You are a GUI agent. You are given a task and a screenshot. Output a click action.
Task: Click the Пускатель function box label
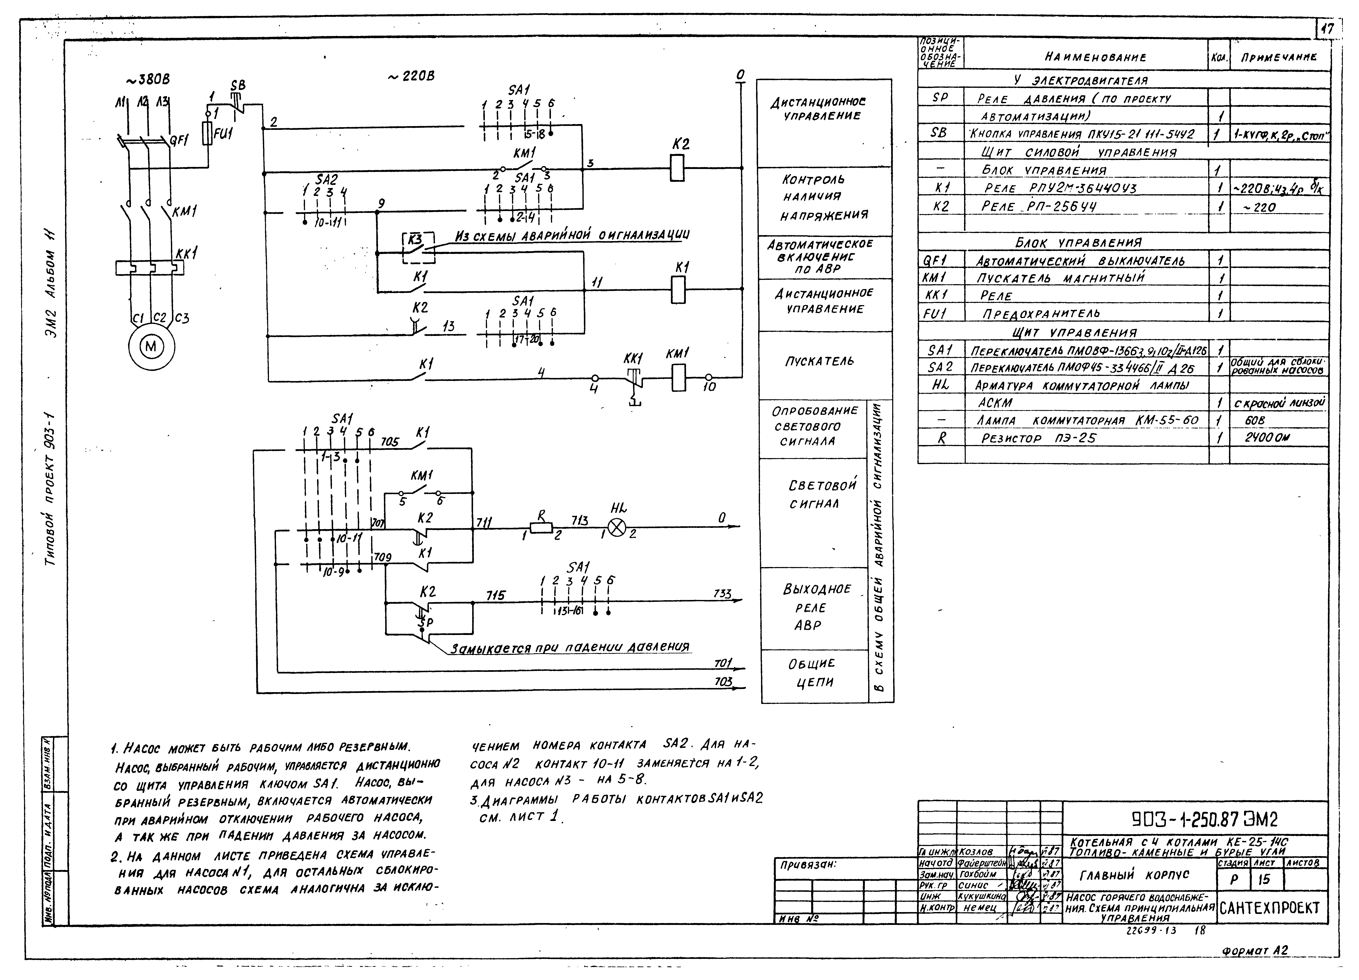click(x=820, y=361)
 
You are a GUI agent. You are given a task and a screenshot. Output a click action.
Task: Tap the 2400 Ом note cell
click(x=1267, y=438)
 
